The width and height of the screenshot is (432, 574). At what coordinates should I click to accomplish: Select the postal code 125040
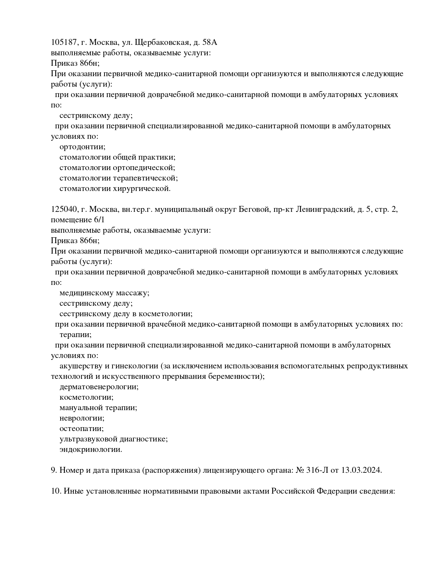(64, 209)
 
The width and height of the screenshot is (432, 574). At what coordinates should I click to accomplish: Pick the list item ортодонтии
(82, 147)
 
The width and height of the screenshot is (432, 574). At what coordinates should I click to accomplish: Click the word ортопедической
(144, 168)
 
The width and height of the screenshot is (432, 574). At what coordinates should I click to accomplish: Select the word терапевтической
(145, 178)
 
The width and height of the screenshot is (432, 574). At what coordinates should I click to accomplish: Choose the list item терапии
(75, 335)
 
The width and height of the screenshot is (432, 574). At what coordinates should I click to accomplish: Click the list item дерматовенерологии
(99, 387)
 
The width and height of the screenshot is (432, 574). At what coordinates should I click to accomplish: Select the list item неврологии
(82, 418)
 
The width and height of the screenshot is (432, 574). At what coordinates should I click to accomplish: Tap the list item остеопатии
(82, 429)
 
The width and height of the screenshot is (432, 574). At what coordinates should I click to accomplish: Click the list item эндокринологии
(91, 449)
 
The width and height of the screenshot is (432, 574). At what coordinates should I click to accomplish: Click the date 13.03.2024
(362, 470)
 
